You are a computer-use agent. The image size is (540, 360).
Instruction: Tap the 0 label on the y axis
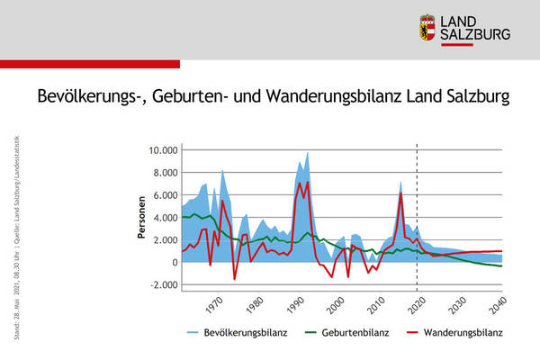pos(174,262)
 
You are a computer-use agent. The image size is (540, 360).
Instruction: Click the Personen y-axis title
pos(142,217)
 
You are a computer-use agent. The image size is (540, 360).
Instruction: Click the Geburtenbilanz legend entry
pos(349,333)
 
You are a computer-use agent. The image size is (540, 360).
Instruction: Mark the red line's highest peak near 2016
pos(400,193)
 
